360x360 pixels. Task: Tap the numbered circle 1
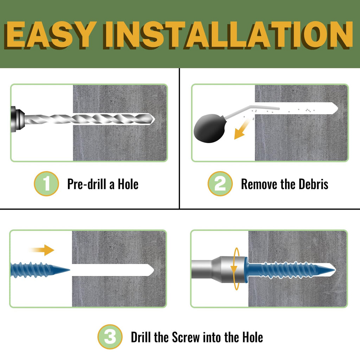click(46, 184)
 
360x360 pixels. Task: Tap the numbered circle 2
click(220, 184)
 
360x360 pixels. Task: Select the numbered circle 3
click(110, 337)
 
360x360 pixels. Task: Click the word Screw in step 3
click(186, 337)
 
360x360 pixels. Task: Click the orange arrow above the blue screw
click(43, 250)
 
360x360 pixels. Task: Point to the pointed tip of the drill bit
click(154, 119)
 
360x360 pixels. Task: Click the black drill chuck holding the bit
click(17, 118)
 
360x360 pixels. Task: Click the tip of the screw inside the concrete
click(335, 270)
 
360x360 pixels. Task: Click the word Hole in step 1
click(128, 184)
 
